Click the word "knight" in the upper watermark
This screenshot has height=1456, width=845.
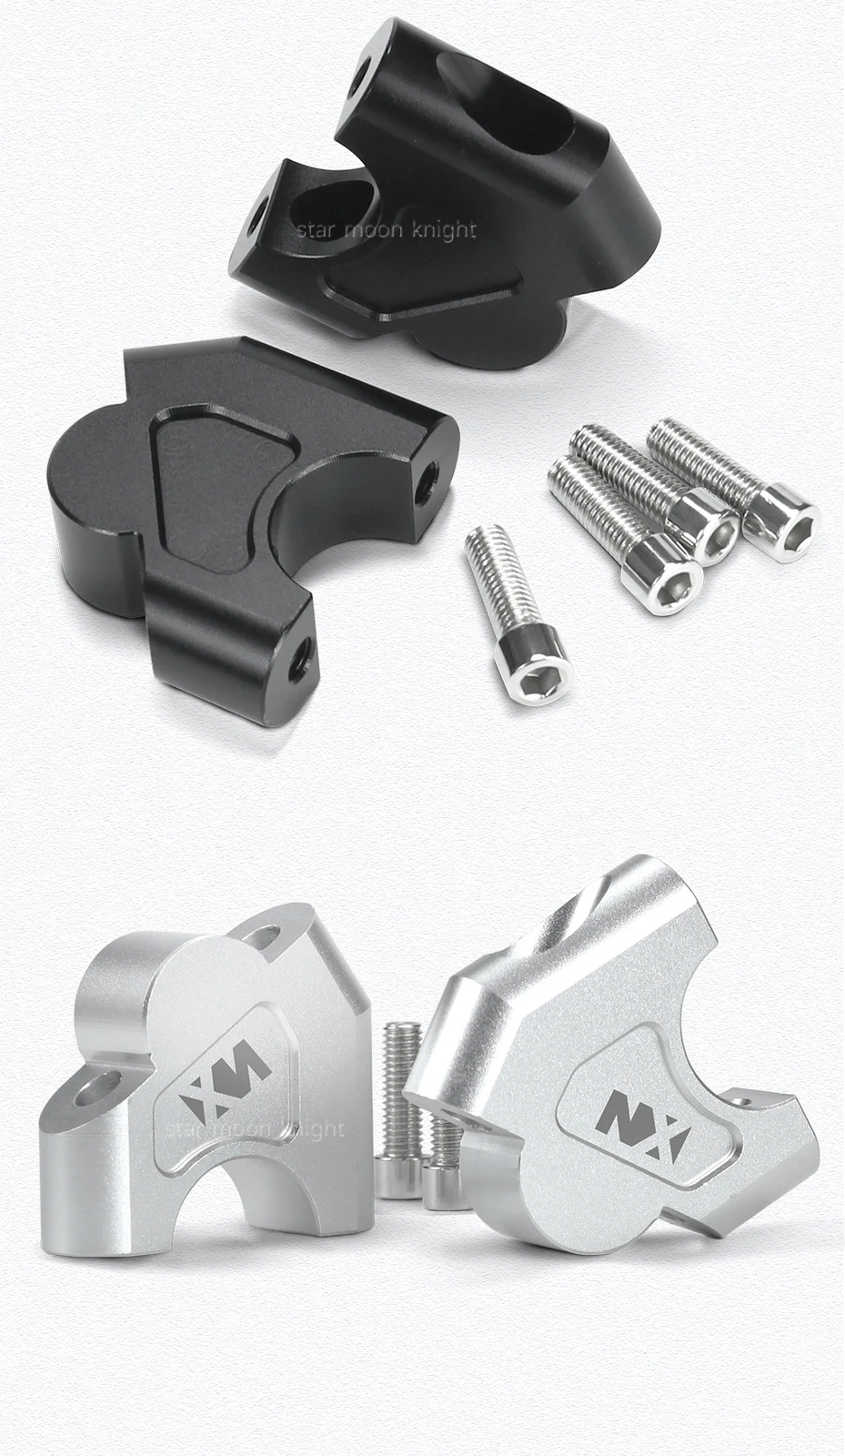tap(443, 230)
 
